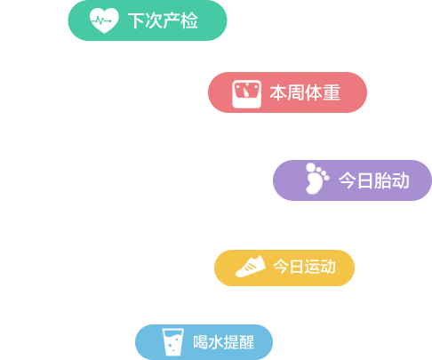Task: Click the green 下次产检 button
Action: point(148,20)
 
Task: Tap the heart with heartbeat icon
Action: point(104,20)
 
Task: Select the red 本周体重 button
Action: point(287,92)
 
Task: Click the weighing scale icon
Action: point(247,94)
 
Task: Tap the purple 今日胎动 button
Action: point(352,180)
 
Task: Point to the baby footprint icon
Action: point(317,179)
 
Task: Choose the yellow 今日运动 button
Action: point(284,268)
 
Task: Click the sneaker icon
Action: point(251,267)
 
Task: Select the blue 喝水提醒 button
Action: point(204,342)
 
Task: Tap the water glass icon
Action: point(173,342)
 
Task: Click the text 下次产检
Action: point(163,20)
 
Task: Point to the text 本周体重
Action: point(305,92)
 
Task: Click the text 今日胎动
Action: point(374,180)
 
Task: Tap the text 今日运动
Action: point(304,267)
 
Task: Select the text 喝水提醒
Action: point(224,342)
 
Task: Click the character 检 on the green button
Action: point(189,20)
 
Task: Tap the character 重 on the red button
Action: point(332,92)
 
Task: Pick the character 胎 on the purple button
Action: point(383,180)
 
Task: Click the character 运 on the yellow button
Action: point(312,267)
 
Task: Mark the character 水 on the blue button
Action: point(216,342)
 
